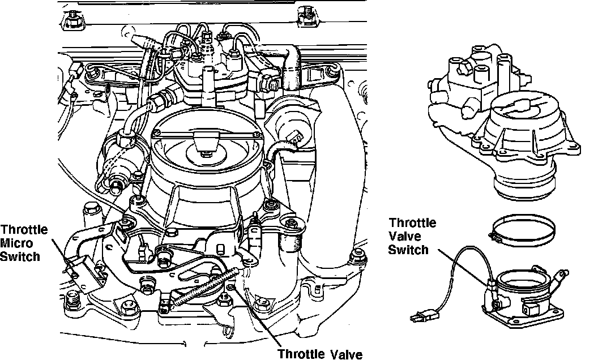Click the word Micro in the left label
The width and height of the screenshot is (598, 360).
click(16, 242)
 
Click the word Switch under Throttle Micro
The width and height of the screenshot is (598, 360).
click(20, 256)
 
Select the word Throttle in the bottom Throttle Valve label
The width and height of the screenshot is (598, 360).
click(300, 354)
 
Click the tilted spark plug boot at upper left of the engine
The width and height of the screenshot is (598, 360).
click(144, 41)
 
